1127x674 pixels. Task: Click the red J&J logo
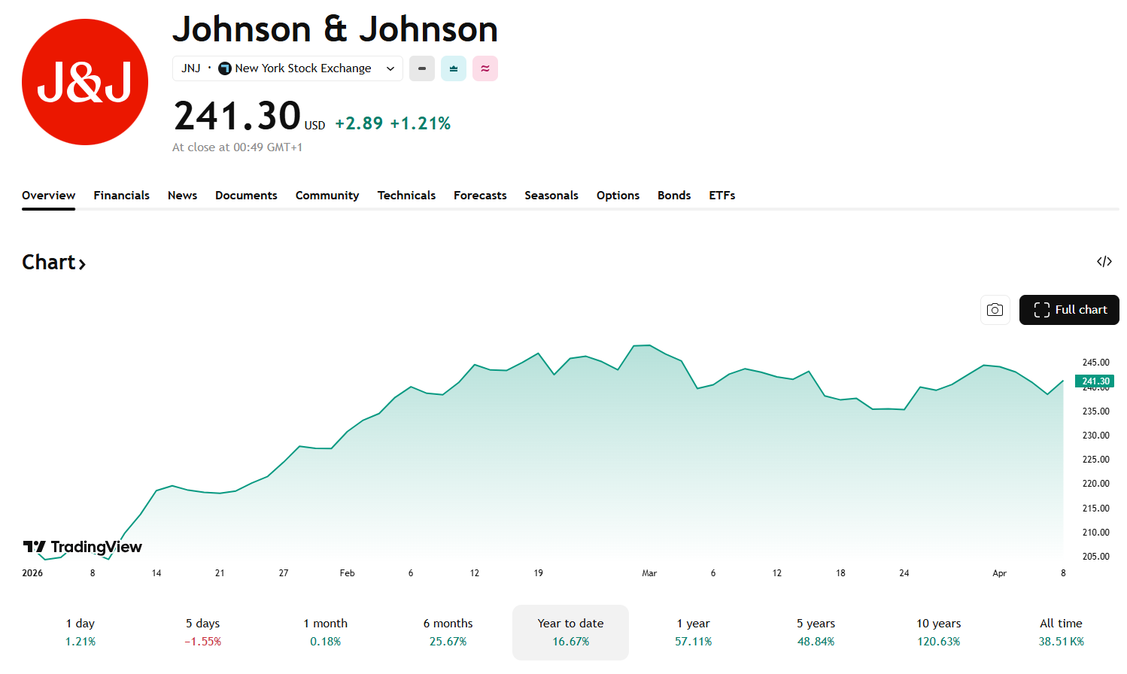85,82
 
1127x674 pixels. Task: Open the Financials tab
121,196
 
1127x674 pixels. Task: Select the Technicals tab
406,196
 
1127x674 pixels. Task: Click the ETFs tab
721,196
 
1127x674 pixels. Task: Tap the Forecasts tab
480,196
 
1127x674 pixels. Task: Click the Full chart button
1069,310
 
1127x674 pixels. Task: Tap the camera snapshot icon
995,310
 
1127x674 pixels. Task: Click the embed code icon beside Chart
1104,262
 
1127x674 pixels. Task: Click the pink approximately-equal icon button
485,68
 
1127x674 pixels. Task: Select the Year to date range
570,632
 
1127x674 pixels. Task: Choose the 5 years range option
816,632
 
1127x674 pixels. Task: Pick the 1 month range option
325,632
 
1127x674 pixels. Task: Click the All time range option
1061,632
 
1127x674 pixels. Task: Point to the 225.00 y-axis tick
1095,460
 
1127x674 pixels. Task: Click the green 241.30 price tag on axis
1095,381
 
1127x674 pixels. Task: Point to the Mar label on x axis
649,573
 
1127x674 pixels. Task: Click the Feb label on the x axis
347,573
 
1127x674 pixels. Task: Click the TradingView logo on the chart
83,547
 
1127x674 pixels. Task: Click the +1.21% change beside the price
420,123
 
